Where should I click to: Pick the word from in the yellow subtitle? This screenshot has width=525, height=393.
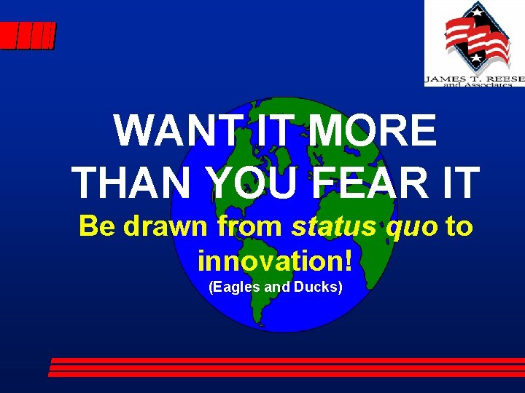(x=250, y=226)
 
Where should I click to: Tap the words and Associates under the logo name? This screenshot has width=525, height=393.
(x=473, y=84)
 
